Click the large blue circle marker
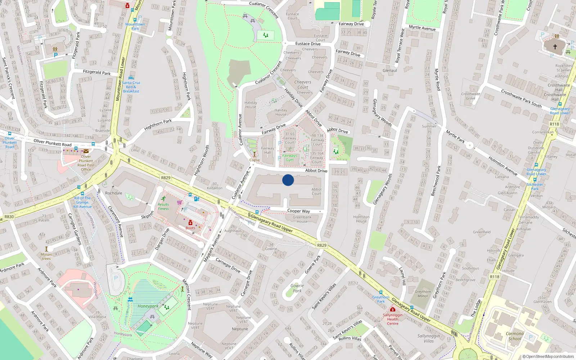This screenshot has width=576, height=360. [x=288, y=180]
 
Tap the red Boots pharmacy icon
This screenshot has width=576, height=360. [x=190, y=223]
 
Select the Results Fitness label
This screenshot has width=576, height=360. [x=163, y=207]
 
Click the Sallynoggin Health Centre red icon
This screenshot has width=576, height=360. [x=393, y=309]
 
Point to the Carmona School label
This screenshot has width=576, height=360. [x=514, y=336]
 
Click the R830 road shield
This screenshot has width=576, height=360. [x=9, y=217]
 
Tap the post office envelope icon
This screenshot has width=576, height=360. [x=86, y=151]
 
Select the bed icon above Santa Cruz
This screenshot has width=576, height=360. [x=131, y=77]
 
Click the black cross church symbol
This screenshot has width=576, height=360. [x=555, y=47]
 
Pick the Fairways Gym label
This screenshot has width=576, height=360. [x=289, y=158]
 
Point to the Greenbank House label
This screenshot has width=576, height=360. [x=302, y=219]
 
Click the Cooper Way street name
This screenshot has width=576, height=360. [x=298, y=211]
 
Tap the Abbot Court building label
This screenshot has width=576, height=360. [x=316, y=192]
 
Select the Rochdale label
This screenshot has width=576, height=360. [x=113, y=193]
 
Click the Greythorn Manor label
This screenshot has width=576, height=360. [x=423, y=294]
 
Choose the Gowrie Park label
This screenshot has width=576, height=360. [x=297, y=288]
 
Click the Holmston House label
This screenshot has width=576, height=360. [x=361, y=219]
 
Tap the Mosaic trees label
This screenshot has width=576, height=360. [x=46, y=256]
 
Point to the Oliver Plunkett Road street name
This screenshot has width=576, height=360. [x=53, y=143]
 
